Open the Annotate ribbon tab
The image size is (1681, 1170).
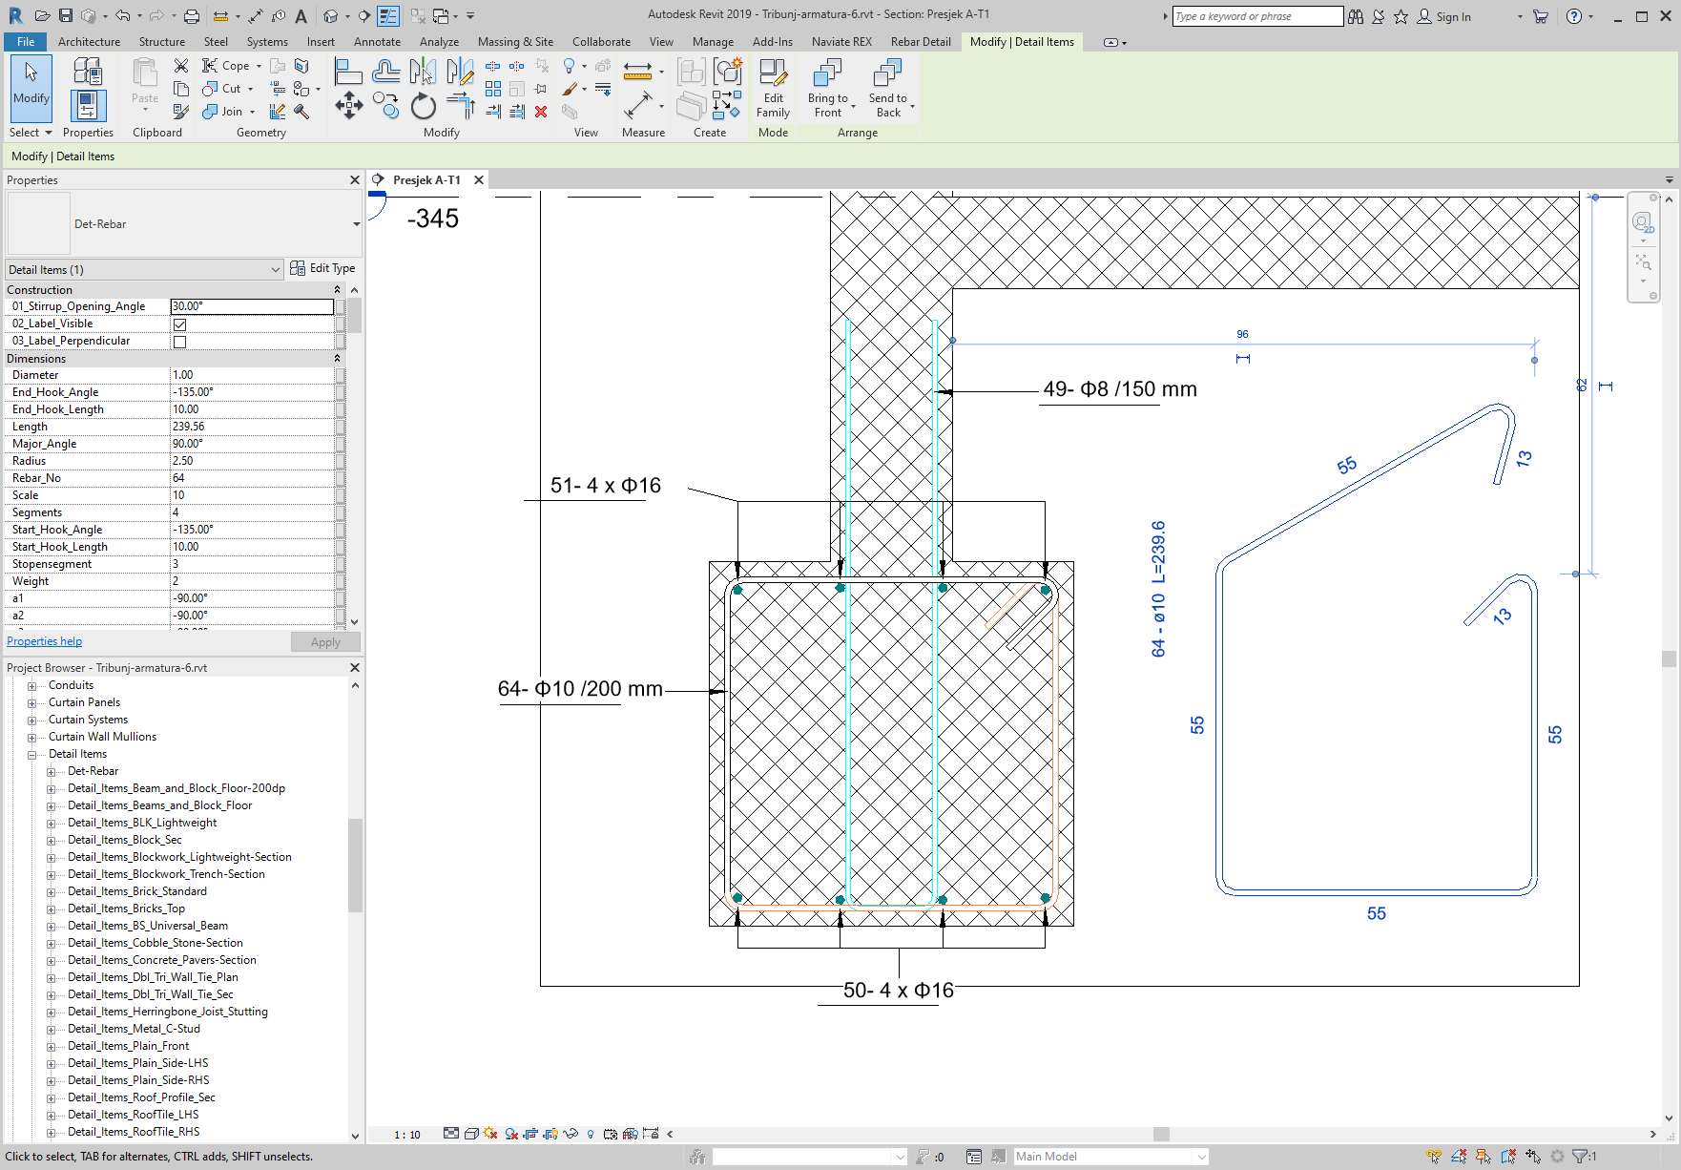point(377,42)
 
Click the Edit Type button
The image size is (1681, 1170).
point(322,269)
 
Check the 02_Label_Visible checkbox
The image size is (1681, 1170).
point(179,324)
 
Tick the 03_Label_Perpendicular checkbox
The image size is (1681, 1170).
point(179,342)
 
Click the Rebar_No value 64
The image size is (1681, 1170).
point(252,478)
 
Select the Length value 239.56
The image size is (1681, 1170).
point(252,427)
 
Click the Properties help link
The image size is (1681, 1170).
point(45,641)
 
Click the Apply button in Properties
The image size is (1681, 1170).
point(324,642)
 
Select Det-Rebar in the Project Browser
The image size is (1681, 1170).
point(93,771)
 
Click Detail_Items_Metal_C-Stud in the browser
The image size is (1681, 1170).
point(134,1029)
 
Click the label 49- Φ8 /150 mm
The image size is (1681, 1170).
point(1119,389)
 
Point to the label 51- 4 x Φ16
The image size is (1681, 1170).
point(605,486)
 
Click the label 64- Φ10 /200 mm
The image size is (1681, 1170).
point(579,689)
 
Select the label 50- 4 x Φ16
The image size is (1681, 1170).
point(898,991)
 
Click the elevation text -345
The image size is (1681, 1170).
point(432,219)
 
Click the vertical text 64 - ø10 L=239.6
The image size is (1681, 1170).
point(1158,589)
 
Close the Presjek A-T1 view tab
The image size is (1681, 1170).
point(479,180)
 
